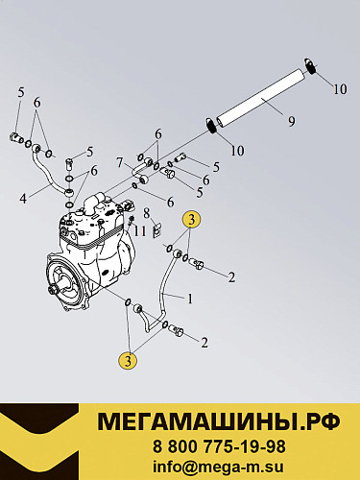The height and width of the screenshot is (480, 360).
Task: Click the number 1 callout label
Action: coord(190,299)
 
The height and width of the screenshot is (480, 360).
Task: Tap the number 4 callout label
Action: coord(23,199)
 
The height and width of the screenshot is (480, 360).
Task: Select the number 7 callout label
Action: coord(120,163)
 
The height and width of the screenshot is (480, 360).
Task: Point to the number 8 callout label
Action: coord(147,213)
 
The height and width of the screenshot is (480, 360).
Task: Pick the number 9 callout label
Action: coord(292,121)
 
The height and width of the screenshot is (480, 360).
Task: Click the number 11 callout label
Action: coord(140,230)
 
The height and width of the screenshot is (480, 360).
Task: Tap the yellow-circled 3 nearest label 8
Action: coord(191,220)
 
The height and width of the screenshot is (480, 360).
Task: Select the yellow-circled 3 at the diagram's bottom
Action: coord(128,361)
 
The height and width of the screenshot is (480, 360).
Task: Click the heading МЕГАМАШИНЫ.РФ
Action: coord(219,422)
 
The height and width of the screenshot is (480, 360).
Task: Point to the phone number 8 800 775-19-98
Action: coord(219,446)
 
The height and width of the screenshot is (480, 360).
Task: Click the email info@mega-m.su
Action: coord(218,467)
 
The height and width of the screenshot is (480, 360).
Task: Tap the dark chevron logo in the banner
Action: coord(39,442)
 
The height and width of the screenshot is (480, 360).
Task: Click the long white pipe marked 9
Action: coord(261,97)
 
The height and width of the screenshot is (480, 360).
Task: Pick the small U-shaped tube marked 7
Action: coord(141,171)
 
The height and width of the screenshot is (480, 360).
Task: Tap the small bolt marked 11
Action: coord(131,220)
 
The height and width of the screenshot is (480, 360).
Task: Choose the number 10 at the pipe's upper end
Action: coord(340,89)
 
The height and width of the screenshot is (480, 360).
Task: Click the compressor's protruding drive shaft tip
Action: coord(52,292)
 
